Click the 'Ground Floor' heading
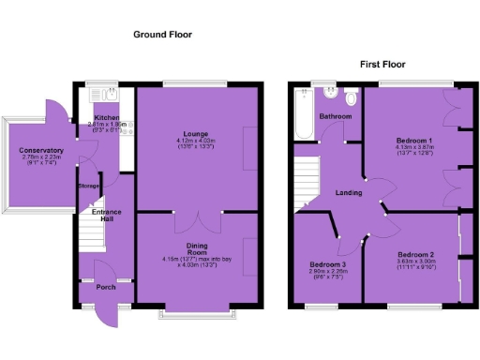(x=161, y=34)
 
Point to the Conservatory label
(x=41, y=150)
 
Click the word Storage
(x=88, y=186)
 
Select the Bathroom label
(x=336, y=116)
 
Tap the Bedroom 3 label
(x=328, y=264)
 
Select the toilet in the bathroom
(x=351, y=97)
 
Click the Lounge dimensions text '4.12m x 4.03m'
(x=194, y=142)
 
